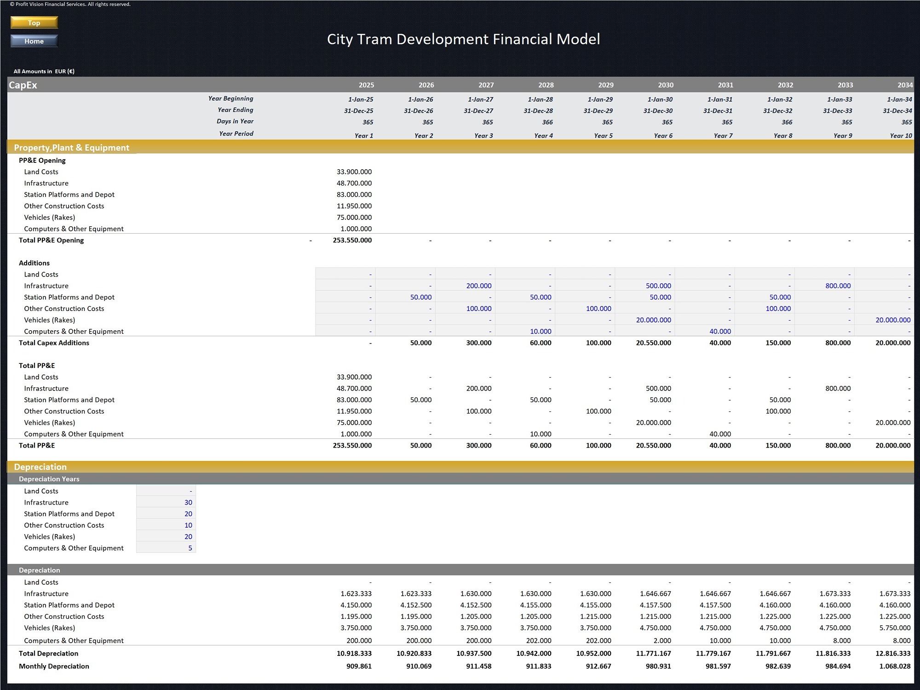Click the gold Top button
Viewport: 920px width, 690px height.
(34, 23)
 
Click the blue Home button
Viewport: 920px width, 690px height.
(34, 41)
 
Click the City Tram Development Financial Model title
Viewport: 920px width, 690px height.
(463, 39)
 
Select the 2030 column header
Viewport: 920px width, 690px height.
(665, 85)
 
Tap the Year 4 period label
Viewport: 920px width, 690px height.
(543, 136)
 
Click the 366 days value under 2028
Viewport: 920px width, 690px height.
(547, 122)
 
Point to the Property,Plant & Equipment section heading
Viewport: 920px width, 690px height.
(72, 148)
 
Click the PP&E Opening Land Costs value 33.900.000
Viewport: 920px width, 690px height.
(354, 172)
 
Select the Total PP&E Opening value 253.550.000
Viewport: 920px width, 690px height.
(352, 240)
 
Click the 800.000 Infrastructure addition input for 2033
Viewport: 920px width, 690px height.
(838, 286)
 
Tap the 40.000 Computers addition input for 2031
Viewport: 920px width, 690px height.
(720, 331)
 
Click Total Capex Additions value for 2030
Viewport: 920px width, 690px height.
(653, 343)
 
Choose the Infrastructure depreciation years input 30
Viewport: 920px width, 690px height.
(188, 502)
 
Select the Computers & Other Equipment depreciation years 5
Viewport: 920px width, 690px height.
(190, 548)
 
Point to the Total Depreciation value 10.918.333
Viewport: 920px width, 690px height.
(354, 654)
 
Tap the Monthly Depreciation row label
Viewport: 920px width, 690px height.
(54, 666)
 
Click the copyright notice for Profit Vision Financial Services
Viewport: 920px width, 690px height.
(70, 4)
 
